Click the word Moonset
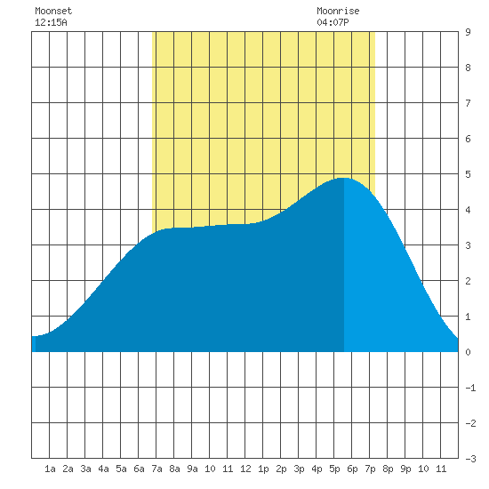coord(53,11)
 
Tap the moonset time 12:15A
coord(51,22)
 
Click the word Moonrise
coord(338,11)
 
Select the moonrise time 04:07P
coord(333,22)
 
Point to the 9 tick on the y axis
coord(468,32)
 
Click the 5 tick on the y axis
coord(468,174)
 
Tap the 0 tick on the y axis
coord(468,352)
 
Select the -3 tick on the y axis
coord(471,459)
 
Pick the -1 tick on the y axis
coord(471,388)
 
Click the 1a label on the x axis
coord(50,469)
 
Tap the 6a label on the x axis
coord(139,469)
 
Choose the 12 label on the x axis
coord(245,469)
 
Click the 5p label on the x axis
coord(334,469)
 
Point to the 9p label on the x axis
coord(405,469)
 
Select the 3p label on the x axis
coord(299,469)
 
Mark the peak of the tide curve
coord(344,178)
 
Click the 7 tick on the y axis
coord(468,103)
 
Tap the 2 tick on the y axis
coord(468,281)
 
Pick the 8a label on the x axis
coord(174,469)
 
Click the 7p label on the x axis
coord(370,469)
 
